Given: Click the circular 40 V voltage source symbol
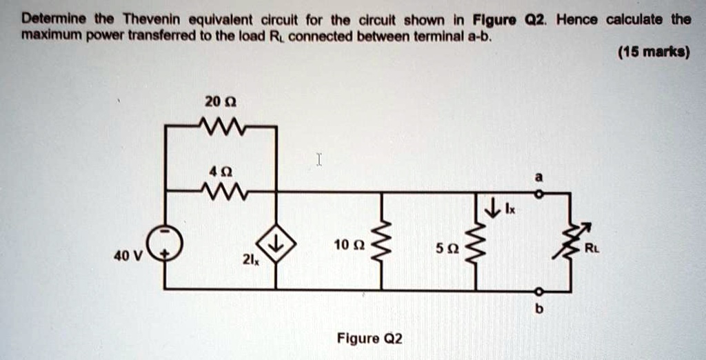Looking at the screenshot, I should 165,242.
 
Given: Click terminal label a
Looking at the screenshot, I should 539,178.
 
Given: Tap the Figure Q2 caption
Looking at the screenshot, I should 369,339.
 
